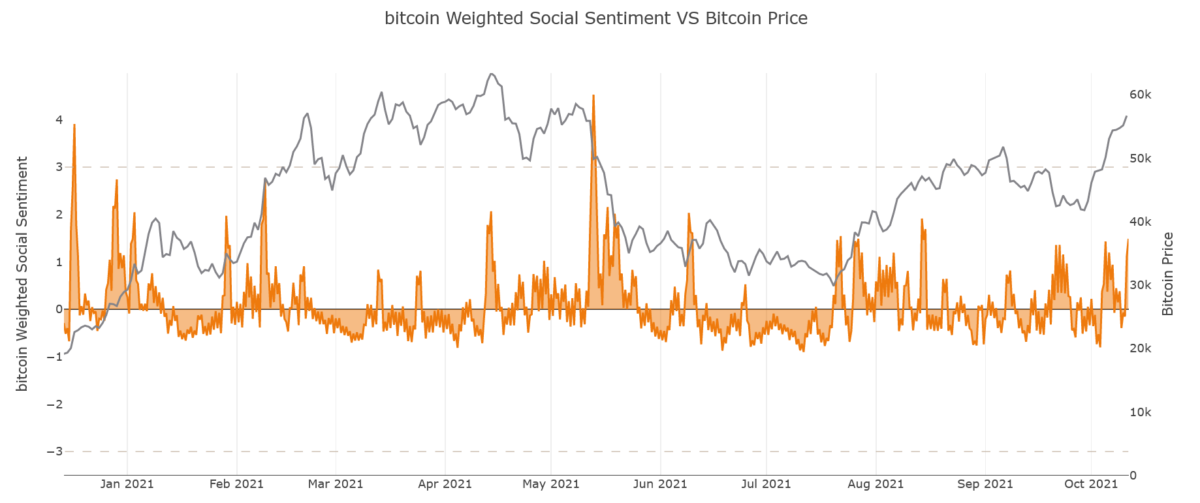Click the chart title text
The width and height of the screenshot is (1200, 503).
pos(595,19)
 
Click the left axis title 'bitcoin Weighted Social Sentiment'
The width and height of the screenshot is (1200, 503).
pos(23,274)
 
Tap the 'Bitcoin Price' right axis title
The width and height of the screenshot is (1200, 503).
pos(1168,274)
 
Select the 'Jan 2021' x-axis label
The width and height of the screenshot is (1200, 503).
pos(127,484)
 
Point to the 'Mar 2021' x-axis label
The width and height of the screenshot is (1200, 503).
pos(336,484)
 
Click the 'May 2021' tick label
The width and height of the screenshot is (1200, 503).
pos(551,484)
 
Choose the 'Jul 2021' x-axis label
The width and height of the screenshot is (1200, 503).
pos(766,484)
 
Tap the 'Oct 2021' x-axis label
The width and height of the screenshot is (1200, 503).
pos(1091,484)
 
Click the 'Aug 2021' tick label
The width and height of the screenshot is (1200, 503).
pos(876,484)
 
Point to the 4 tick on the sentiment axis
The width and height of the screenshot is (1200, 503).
pos(59,120)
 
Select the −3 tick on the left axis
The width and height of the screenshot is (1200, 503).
pos(55,451)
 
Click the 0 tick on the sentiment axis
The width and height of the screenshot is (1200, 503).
pos(59,309)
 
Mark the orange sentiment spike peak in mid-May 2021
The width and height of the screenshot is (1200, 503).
pos(593,96)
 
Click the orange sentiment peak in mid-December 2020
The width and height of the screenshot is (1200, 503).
pos(74,125)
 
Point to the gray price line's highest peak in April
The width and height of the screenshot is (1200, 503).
pos(492,74)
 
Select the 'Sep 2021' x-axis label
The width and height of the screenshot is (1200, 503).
pos(985,484)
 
